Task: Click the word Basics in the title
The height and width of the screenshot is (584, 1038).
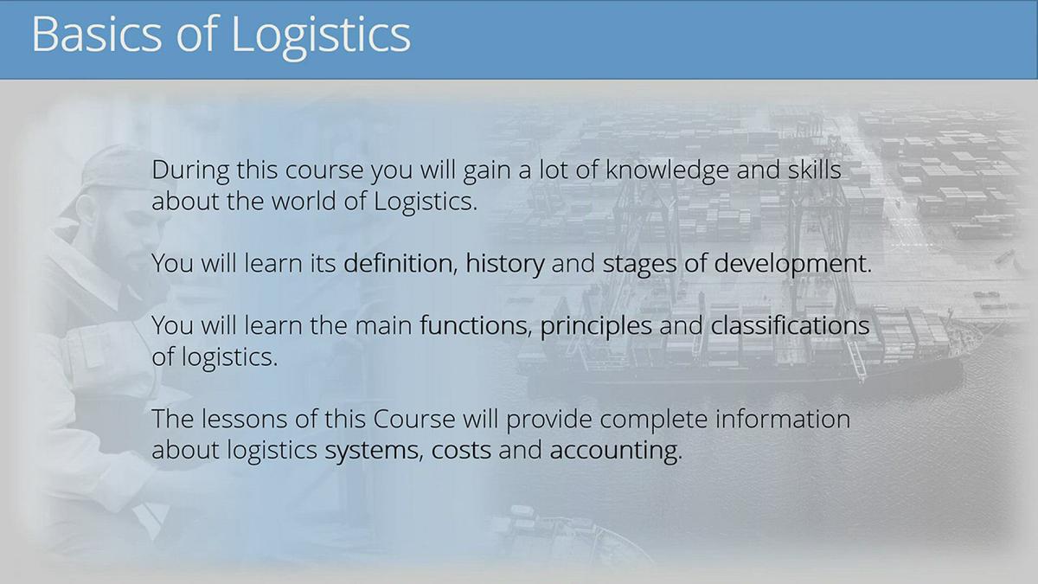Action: click(94, 35)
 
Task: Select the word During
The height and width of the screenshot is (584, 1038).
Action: click(187, 170)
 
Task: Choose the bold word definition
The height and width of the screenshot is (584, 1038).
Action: click(399, 264)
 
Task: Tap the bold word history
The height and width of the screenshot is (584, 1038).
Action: click(505, 264)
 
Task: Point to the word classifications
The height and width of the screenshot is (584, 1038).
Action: click(790, 326)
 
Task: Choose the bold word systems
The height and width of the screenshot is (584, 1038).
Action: click(373, 452)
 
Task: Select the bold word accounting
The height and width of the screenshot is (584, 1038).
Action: click(613, 452)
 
